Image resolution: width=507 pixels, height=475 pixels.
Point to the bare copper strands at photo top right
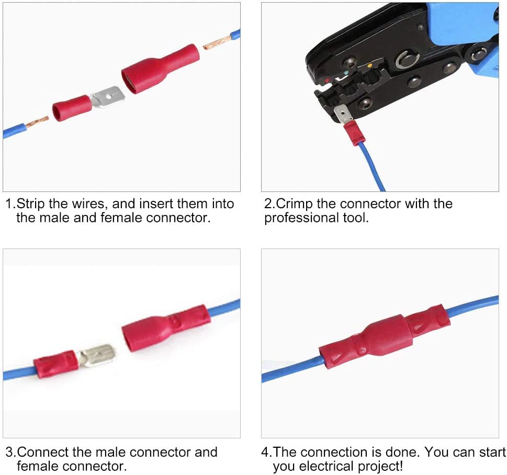(x=218, y=41)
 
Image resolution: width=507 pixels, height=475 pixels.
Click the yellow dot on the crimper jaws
(x=370, y=66)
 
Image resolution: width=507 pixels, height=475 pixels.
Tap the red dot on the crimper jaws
(x=328, y=81)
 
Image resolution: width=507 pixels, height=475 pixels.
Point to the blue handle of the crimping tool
(x=460, y=24)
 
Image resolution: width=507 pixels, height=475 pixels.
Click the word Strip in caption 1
(x=31, y=203)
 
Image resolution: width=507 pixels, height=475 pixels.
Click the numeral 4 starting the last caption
(x=265, y=452)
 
